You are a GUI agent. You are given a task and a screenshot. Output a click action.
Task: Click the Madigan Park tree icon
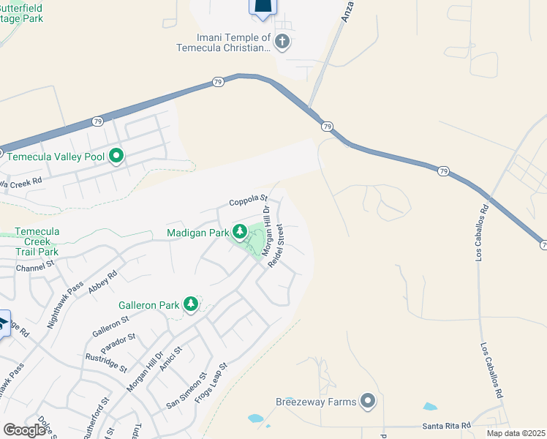coord(239,232)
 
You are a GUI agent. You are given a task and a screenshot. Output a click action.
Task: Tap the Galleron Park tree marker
coord(191,303)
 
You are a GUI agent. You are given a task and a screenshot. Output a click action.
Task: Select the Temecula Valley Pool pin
coord(116,155)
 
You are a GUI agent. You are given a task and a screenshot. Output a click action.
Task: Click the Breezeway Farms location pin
coord(368,401)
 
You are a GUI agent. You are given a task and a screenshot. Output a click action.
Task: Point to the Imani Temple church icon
coord(282,42)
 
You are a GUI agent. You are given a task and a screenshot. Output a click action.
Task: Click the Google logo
coord(25,430)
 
